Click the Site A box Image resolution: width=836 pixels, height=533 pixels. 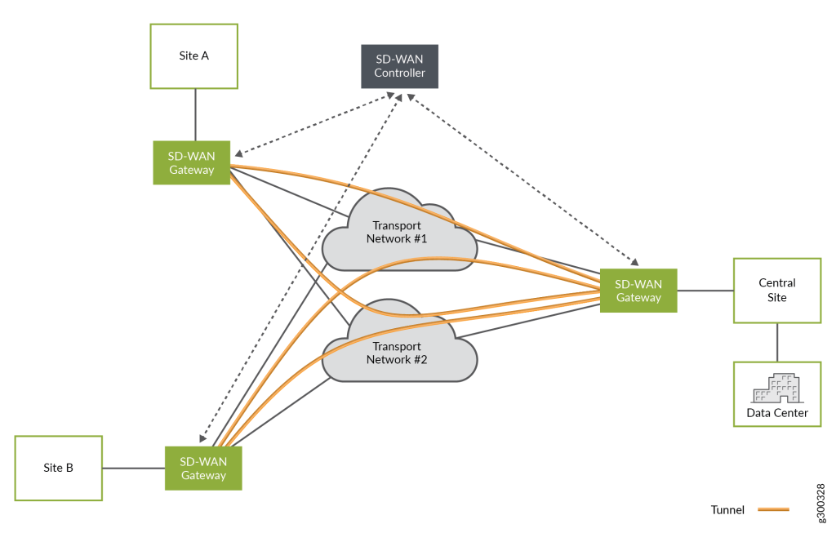coord(194,56)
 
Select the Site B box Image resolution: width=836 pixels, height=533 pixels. coord(58,468)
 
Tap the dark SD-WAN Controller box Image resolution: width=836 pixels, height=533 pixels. coord(399,66)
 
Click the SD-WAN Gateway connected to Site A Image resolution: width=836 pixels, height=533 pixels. coord(192,162)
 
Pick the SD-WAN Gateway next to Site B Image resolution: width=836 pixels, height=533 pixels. coord(203,468)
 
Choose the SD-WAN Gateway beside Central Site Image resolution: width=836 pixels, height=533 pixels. coord(638,290)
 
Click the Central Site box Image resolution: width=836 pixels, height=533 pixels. coord(776,290)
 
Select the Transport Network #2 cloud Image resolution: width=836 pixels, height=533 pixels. coord(398,352)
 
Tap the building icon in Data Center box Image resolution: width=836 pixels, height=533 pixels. coord(776,389)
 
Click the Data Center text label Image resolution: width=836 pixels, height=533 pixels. coord(776,413)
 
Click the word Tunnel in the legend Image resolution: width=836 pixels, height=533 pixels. coord(727,509)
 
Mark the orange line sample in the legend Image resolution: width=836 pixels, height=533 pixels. coord(773,509)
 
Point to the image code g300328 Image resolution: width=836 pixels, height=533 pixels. coord(820,500)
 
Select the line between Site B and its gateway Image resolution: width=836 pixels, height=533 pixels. coord(134,468)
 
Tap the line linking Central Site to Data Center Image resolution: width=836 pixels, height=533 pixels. coord(776,342)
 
